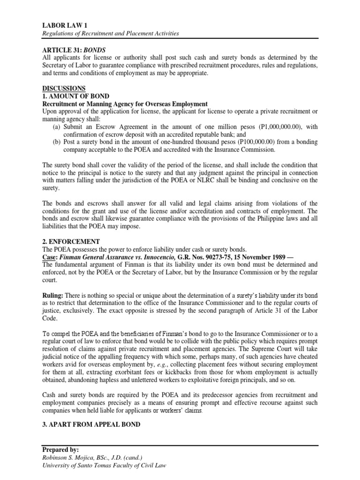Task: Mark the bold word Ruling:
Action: coord(53,295)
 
